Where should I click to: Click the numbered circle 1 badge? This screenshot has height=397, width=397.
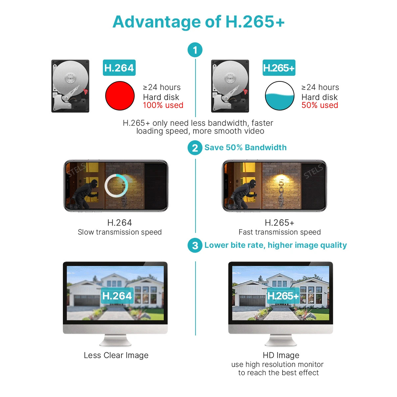tap(195, 50)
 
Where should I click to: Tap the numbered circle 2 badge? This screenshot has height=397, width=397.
tap(195, 148)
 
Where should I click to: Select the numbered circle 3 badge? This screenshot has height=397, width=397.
tap(195, 245)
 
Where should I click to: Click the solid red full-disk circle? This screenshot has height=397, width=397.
tap(120, 96)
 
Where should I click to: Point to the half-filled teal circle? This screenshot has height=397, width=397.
tap(279, 96)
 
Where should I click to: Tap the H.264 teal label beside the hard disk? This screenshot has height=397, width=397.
tap(119, 67)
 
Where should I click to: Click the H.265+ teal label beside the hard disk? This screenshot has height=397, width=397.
tap(279, 67)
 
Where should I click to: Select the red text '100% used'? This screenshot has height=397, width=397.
tap(163, 105)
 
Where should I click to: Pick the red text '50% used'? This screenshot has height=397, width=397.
tap(320, 105)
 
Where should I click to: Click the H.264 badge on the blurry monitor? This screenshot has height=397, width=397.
tap(117, 296)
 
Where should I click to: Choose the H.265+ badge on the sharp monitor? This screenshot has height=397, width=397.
tap(283, 296)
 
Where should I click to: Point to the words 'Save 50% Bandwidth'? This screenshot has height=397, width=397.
tap(245, 147)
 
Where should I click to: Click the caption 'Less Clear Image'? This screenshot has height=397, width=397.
tap(116, 355)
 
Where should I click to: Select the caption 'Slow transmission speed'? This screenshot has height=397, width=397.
tap(120, 232)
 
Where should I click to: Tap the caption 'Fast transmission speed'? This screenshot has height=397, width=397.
tap(280, 232)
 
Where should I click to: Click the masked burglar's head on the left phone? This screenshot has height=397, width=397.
tap(94, 183)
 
